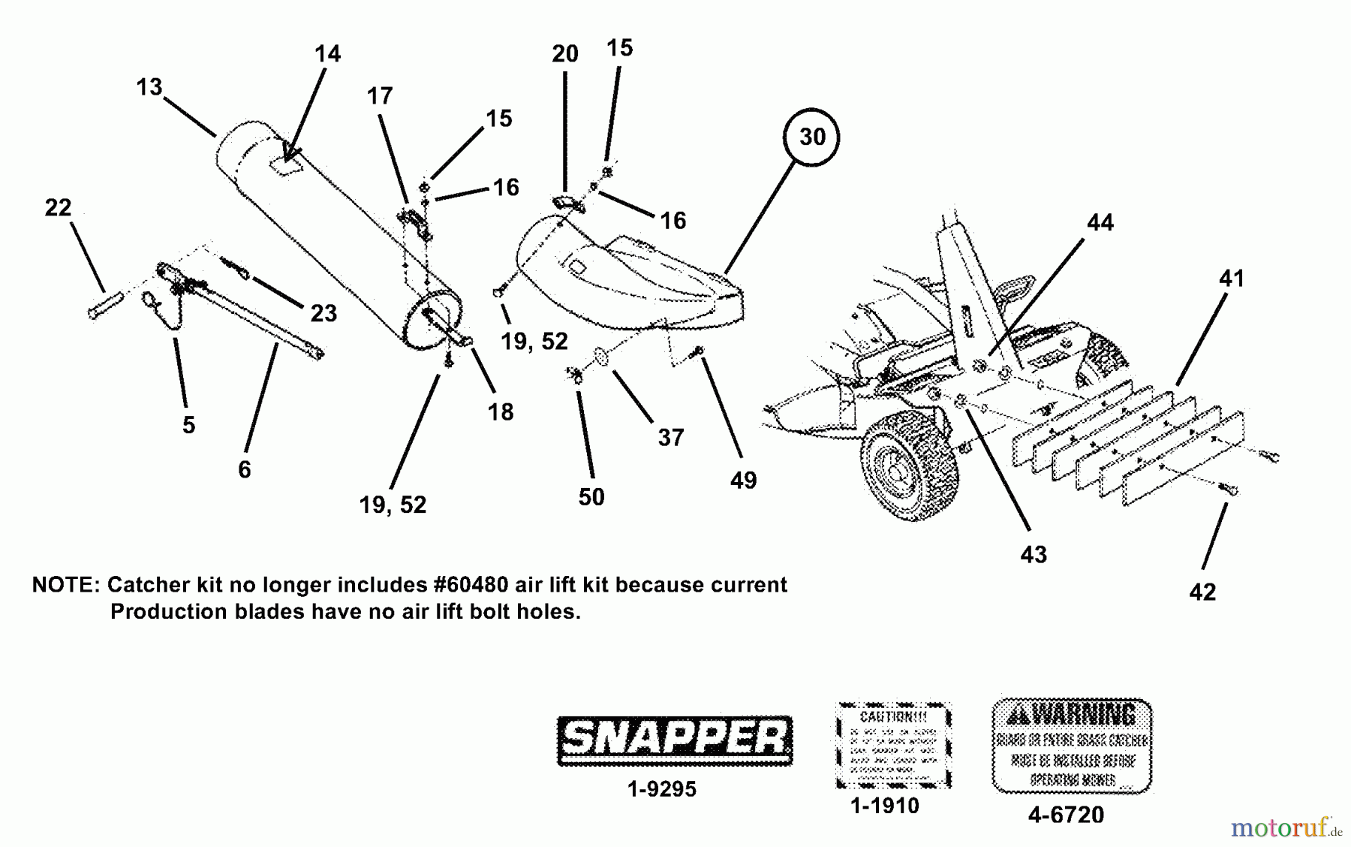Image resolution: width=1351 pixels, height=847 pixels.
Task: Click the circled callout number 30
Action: [812, 137]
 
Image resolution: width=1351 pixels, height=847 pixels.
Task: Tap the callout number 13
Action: [149, 88]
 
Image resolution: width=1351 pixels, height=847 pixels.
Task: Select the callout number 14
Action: [327, 54]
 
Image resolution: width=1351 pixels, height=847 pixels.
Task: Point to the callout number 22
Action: [58, 208]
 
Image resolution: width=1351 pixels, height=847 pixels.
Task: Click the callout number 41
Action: [1231, 279]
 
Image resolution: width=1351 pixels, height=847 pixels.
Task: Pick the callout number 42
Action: [1202, 592]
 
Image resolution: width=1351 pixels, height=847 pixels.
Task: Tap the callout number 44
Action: [1100, 223]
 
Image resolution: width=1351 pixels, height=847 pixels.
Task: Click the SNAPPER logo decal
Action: [674, 740]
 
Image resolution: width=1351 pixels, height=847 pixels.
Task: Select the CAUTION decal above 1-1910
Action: [893, 746]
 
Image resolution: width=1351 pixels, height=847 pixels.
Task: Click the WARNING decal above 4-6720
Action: [1072, 745]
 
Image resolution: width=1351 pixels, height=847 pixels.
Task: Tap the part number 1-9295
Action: [662, 789]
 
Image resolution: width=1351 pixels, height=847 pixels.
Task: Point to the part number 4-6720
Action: [1066, 815]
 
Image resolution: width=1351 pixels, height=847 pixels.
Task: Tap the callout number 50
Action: [591, 497]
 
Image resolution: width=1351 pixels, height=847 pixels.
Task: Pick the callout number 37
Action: [670, 437]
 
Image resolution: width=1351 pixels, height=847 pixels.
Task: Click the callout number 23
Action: [323, 314]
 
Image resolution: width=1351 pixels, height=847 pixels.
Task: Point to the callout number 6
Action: [244, 470]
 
